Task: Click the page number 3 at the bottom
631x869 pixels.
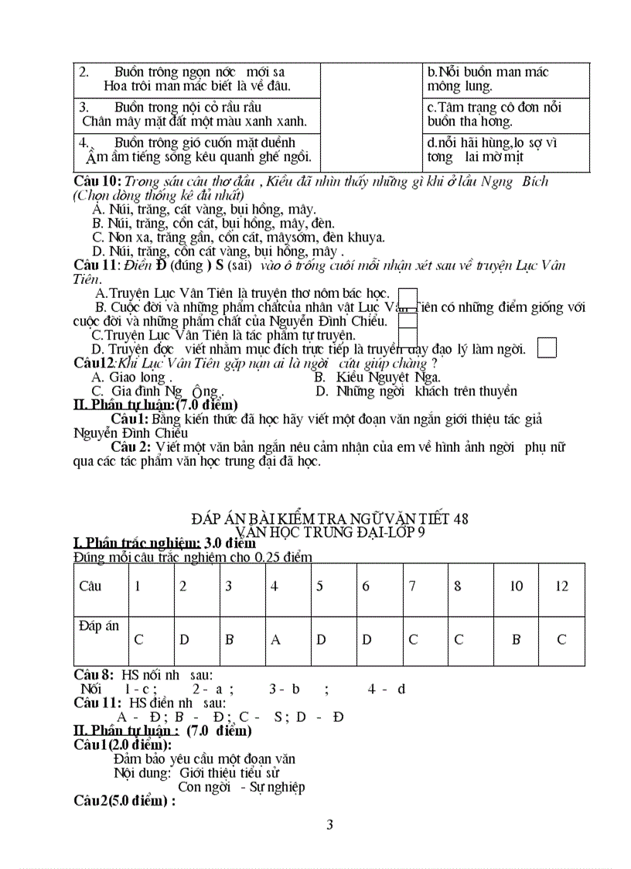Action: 330,825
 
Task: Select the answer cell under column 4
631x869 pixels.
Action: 275,639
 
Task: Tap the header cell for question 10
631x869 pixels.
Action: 516,586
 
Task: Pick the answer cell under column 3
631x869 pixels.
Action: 230,639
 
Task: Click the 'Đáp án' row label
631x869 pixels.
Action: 99,626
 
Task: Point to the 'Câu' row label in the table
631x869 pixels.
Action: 90,586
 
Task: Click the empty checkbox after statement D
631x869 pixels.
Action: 546,348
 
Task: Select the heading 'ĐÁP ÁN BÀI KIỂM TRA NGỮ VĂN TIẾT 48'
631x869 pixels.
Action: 329,518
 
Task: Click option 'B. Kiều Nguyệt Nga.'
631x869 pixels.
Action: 377,377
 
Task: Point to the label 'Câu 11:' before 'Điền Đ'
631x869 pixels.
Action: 97,265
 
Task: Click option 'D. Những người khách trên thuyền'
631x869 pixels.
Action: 416,391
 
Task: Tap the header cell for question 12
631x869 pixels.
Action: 561,586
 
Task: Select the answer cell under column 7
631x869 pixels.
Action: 413,639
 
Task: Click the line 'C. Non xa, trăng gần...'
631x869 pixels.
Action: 238,238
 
